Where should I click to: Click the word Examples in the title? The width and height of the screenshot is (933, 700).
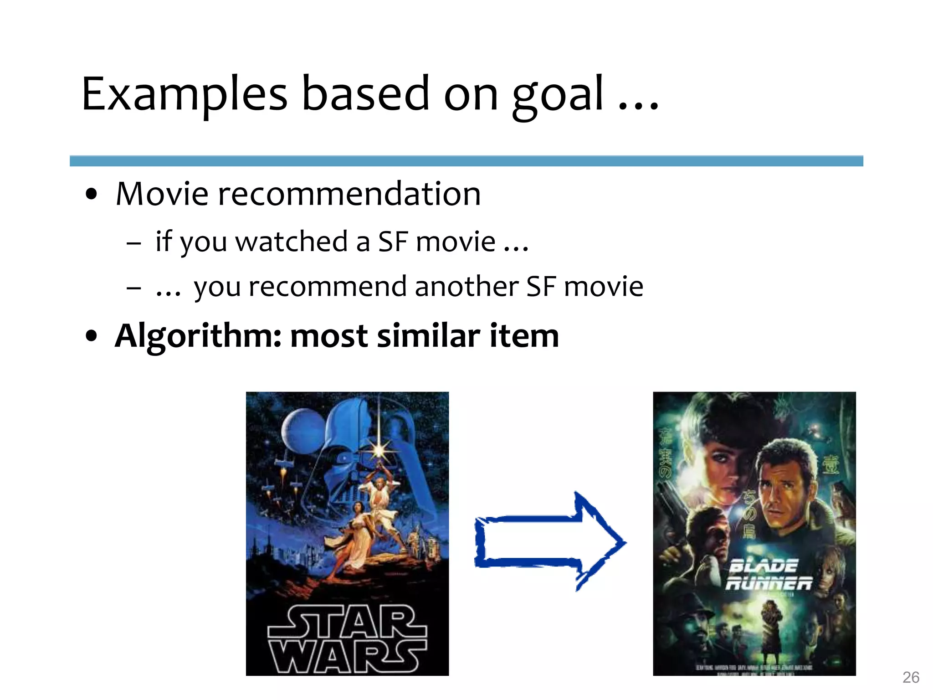click(x=185, y=94)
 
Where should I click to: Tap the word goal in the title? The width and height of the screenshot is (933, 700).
click(x=558, y=96)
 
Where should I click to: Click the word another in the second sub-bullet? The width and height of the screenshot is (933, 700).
click(x=466, y=287)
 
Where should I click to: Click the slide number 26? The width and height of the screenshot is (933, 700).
click(x=911, y=677)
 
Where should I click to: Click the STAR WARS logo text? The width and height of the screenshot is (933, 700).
click(x=347, y=639)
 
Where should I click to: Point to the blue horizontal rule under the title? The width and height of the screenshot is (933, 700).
click(x=466, y=161)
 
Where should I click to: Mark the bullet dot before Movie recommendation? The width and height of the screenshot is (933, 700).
click(x=92, y=194)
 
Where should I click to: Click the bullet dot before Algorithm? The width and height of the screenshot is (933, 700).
click(x=92, y=336)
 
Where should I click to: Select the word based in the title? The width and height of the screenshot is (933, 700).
click(x=365, y=94)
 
